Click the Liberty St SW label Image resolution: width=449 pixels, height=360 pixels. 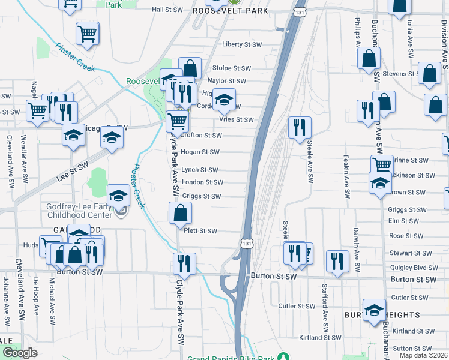[242, 45]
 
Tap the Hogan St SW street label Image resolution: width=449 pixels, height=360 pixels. [199, 152]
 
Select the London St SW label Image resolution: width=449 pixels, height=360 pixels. [202, 182]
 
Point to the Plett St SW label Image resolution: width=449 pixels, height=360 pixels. [200, 231]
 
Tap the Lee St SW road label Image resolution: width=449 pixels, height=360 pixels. [73, 170]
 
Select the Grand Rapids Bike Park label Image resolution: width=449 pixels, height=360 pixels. [230, 358]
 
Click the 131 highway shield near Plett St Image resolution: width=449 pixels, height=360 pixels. [246, 243]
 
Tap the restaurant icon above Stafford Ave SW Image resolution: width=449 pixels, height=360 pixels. [337, 261]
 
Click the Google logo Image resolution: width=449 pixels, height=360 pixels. [20, 353]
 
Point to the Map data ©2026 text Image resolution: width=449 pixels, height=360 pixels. [424, 355]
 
